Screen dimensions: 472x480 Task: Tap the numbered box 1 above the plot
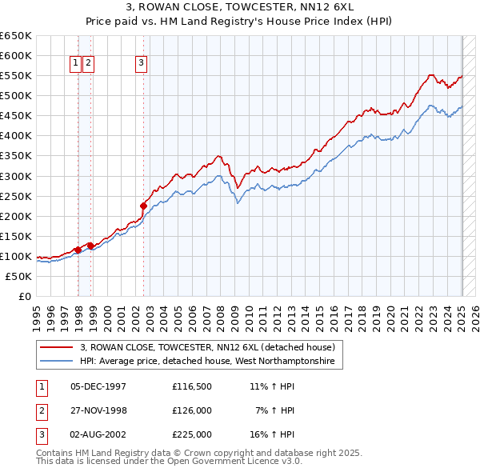[x=74, y=64]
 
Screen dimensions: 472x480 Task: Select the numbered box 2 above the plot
[x=88, y=64]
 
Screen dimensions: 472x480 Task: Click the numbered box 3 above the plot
[x=141, y=64]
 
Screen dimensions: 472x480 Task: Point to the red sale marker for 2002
[x=143, y=204]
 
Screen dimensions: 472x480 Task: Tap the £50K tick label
[x=19, y=276]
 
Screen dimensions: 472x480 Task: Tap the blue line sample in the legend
[x=56, y=362]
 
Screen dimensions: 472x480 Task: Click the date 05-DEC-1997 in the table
[x=98, y=386]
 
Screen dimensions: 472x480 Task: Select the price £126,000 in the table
[x=191, y=410]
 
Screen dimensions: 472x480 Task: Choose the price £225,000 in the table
[x=191, y=434]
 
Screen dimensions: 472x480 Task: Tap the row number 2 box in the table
[x=41, y=410]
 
